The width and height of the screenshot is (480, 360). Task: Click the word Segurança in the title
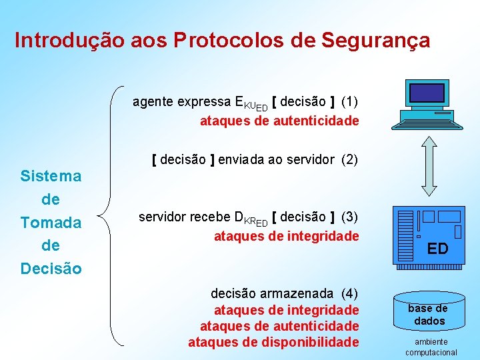tap(375, 41)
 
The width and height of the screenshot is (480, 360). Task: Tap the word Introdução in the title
tap(69, 41)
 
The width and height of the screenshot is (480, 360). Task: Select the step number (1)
tap(349, 102)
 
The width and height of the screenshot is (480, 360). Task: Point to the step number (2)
tap(349, 160)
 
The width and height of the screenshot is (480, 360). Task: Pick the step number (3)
tap(349, 217)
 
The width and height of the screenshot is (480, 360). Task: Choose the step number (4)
tap(349, 293)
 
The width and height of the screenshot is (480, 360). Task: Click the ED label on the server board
tap(437, 249)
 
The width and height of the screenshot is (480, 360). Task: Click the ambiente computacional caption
tap(431, 347)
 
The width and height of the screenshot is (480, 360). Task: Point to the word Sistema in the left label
tap(51, 177)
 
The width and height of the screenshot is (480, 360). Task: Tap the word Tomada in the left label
tap(51, 223)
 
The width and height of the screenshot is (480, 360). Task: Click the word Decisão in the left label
tap(51, 269)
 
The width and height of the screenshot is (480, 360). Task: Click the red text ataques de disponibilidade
tap(273, 343)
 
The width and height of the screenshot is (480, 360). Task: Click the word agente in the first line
tap(153, 102)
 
